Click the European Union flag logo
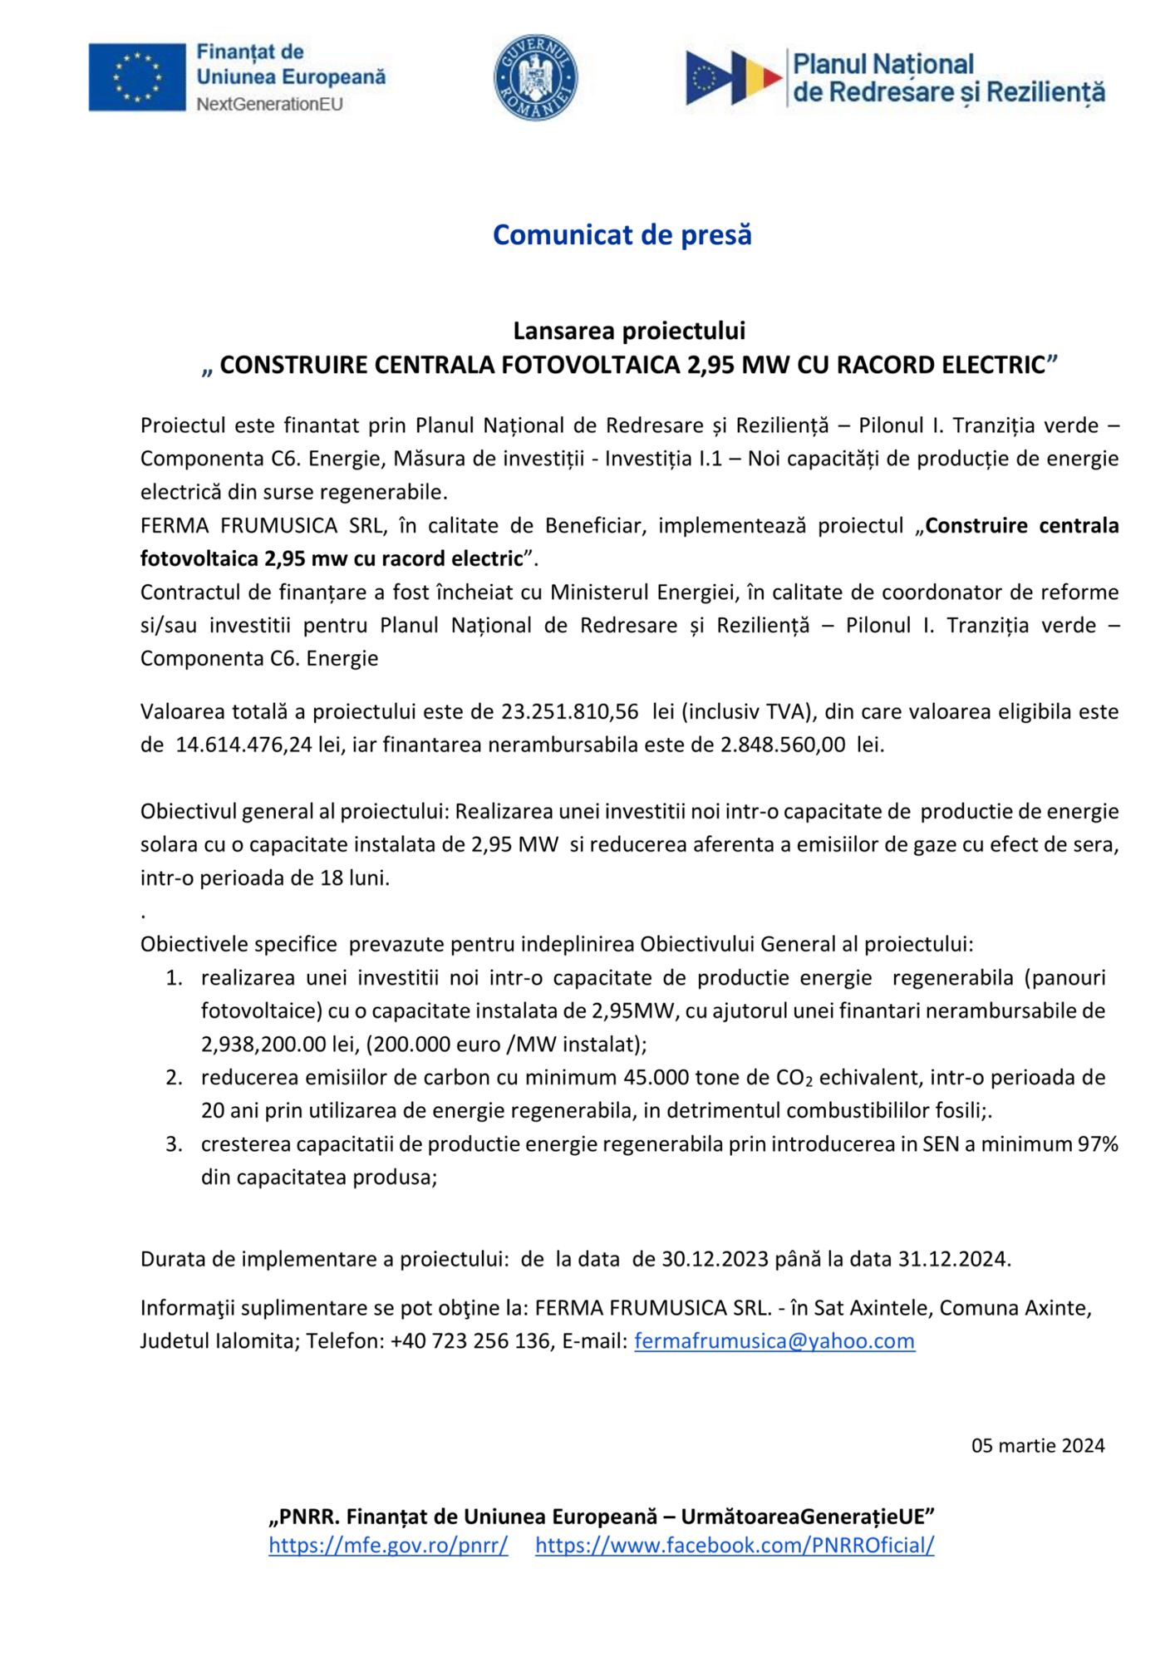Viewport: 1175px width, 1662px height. click(137, 77)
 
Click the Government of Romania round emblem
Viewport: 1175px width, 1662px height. click(536, 77)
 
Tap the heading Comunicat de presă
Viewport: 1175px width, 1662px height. click(622, 235)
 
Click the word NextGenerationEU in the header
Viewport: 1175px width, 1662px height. click(269, 105)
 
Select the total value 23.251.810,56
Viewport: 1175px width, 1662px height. click(569, 711)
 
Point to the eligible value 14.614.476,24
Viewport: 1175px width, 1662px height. click(243, 745)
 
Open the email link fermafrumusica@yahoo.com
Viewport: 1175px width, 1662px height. click(774, 1340)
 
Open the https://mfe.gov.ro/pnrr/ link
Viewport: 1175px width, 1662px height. click(388, 1545)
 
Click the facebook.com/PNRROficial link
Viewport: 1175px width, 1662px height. click(735, 1545)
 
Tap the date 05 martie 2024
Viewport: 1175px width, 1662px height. click(1038, 1445)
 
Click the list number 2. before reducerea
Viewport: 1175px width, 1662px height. click(174, 1078)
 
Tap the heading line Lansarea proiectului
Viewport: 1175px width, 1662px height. click(629, 331)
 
